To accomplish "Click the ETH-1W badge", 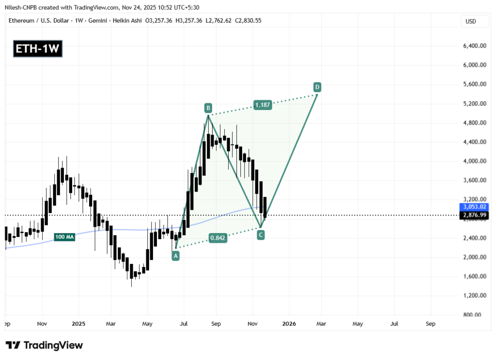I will pos(38,49).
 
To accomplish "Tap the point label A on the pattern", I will pos(175,256).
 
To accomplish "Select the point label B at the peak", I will pos(208,108).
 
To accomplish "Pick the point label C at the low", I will pos(261,235).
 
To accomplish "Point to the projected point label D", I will pos(317,87).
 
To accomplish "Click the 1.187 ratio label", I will pos(262,104).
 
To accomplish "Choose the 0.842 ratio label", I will pos(218,238).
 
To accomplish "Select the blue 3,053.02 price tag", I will pos(472,207).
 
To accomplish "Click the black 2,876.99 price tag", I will pos(472,215).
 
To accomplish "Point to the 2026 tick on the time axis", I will pos(289,323).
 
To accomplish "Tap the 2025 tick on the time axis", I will pos(78,323).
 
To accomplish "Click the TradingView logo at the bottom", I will pos(45,345).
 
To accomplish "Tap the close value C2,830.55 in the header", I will pos(245,21).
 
